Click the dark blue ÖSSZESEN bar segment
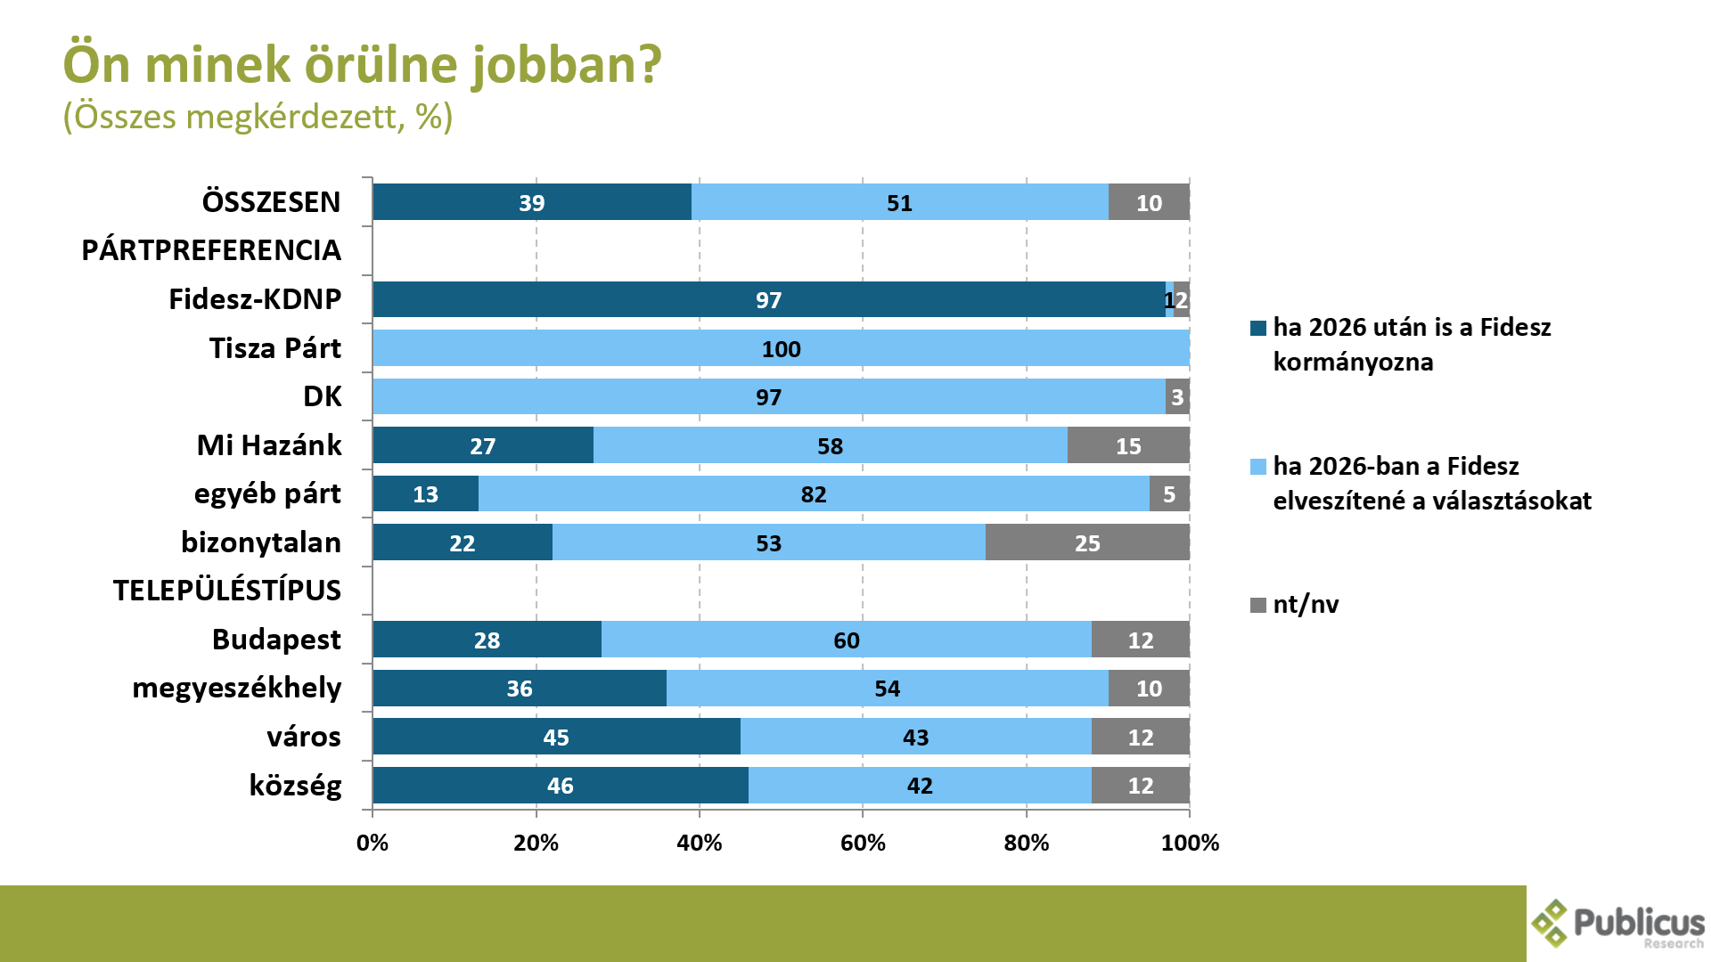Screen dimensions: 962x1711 [x=532, y=202]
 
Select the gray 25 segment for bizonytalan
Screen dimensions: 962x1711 [x=1087, y=542]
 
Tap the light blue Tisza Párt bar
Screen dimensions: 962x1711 [x=781, y=348]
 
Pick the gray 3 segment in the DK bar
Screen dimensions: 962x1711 [x=1177, y=397]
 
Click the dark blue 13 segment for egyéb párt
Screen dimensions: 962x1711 [x=425, y=494]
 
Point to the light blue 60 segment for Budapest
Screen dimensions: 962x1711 [x=846, y=640]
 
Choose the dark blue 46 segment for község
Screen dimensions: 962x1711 [x=560, y=786]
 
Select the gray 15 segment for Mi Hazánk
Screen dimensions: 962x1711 [x=1128, y=445]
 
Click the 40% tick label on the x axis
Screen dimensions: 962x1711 [x=700, y=843]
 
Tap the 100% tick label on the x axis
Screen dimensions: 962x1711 [x=1190, y=843]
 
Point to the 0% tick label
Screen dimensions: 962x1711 [x=372, y=843]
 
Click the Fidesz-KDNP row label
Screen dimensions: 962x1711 [x=255, y=299]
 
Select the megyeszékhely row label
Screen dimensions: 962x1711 [x=236, y=688]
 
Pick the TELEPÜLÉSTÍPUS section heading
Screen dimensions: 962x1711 [x=227, y=591]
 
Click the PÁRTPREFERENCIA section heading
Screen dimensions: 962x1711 [x=211, y=250]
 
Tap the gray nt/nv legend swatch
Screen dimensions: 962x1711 [x=1258, y=606]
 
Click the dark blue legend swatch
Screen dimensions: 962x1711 [x=1258, y=329]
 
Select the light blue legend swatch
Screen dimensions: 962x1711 [x=1258, y=467]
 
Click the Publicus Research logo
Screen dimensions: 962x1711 [x=1617, y=924]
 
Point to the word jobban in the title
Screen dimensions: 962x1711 [x=567, y=65]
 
